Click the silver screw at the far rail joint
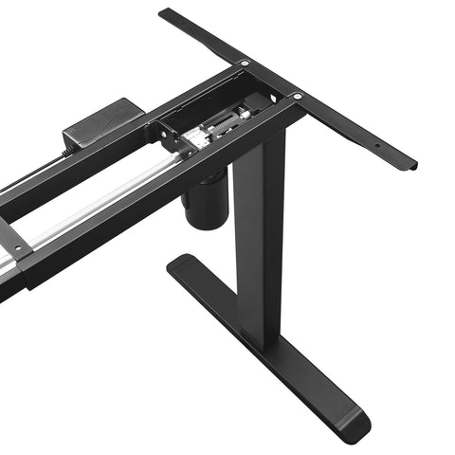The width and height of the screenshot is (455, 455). (246, 63)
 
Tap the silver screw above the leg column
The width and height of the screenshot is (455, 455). (297, 96)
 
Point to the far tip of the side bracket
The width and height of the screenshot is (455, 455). (167, 14)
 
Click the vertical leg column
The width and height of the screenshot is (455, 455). (259, 237)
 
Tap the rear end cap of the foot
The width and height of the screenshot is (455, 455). (182, 265)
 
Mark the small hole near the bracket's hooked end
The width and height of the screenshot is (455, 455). (376, 146)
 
